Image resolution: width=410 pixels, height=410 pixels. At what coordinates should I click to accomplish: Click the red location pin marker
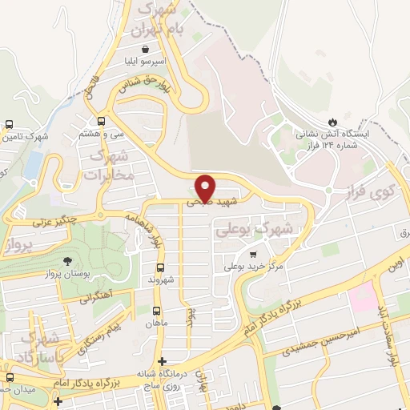click(206, 187)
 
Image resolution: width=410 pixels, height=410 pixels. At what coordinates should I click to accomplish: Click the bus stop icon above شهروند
click(160, 267)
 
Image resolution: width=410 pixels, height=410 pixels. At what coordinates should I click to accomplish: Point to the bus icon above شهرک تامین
click(9, 124)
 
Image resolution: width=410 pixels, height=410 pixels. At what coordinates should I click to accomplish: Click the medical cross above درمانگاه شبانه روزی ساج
click(163, 361)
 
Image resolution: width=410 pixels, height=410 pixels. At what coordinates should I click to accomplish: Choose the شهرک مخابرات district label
click(106, 163)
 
